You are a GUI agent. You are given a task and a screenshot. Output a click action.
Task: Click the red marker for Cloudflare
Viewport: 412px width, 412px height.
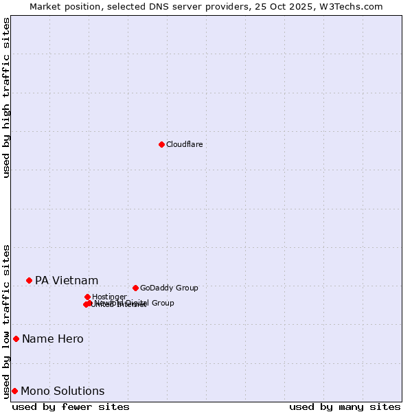click(161, 144)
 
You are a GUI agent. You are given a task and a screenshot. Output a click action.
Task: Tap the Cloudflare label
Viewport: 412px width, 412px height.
click(184, 144)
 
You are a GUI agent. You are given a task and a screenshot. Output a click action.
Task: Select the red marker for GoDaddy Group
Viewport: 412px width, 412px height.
click(135, 288)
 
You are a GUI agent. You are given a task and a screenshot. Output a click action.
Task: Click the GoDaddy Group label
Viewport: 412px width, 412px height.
click(169, 288)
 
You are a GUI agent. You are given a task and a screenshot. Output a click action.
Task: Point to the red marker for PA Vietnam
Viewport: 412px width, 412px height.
click(29, 280)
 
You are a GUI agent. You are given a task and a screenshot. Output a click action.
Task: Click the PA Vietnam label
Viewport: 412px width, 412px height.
click(67, 280)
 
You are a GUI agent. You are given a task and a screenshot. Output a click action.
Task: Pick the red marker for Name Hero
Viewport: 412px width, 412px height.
click(16, 339)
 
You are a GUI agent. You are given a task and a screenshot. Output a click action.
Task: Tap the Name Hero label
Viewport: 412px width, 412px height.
click(53, 339)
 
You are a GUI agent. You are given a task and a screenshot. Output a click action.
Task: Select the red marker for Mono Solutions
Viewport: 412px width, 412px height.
click(14, 391)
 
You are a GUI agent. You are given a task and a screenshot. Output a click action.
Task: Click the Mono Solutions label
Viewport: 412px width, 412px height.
click(62, 391)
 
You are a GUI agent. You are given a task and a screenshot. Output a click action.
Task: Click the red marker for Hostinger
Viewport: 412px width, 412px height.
click(87, 297)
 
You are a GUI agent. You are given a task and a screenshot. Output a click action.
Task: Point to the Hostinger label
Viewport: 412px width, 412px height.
click(109, 297)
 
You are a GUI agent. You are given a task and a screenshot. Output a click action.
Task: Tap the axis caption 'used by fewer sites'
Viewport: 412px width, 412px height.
click(71, 407)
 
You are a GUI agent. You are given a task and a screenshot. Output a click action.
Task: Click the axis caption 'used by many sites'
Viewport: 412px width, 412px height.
click(345, 407)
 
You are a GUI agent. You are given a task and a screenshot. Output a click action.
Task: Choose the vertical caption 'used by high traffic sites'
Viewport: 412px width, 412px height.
click(6, 98)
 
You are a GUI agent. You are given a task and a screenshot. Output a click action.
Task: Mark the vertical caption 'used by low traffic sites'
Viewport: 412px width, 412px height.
click(6, 321)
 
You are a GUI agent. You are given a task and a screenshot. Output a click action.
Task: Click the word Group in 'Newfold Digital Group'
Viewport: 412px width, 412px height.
click(162, 303)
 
